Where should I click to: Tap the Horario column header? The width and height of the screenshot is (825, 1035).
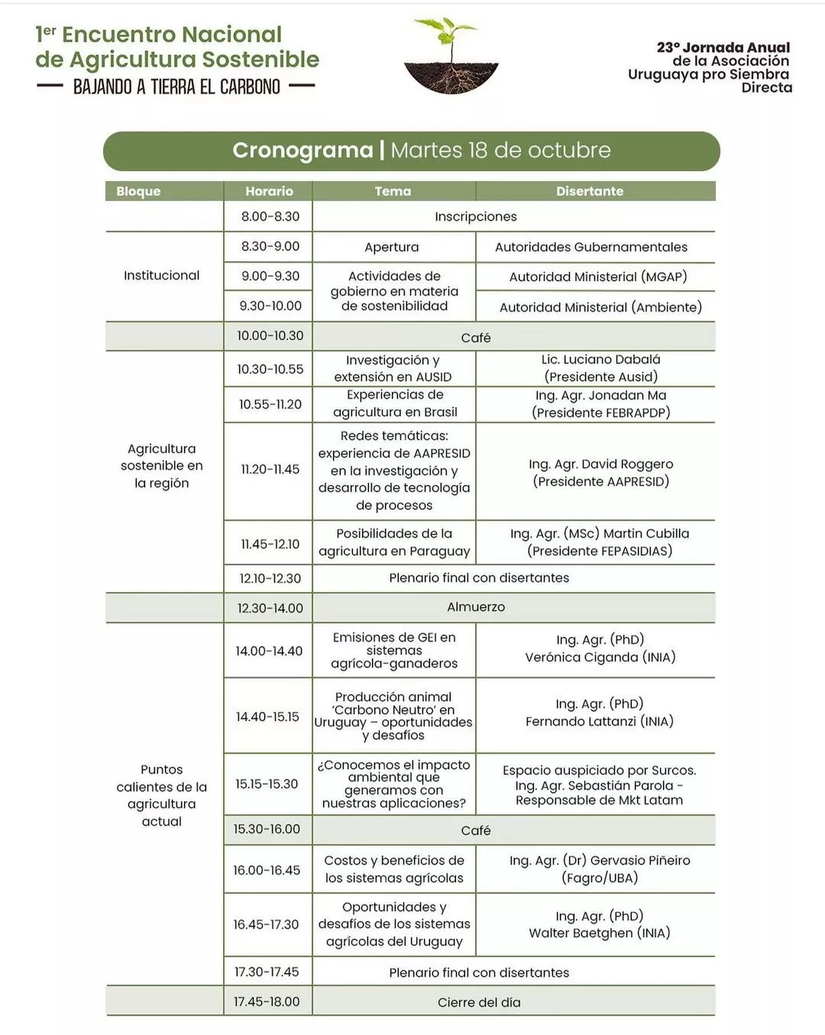(269, 191)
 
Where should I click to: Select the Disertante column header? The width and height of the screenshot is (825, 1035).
(589, 191)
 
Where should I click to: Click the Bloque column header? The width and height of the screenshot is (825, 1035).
(138, 191)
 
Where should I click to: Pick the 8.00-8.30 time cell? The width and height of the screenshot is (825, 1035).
(270, 216)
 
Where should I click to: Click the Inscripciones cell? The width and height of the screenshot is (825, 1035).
(475, 216)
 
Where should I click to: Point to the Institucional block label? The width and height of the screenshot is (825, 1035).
(161, 275)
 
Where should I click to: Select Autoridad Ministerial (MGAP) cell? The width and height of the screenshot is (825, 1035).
(597, 277)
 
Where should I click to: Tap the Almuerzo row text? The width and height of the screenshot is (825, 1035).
(475, 607)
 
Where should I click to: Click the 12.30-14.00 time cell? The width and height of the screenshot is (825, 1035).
(270, 608)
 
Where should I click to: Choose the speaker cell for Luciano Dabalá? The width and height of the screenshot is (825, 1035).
(600, 367)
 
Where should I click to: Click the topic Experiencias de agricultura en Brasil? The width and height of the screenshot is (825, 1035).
(394, 403)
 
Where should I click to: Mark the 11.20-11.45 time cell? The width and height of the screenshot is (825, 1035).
(270, 469)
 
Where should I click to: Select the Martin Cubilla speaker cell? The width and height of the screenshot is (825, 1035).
(600, 542)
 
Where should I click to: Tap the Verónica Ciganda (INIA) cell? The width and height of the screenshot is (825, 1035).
(600, 648)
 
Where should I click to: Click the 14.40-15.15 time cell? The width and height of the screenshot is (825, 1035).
(267, 716)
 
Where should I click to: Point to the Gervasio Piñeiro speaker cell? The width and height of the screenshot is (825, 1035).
(600, 869)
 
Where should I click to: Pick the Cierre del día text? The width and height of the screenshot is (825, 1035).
(479, 1002)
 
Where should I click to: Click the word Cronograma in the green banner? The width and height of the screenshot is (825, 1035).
(302, 150)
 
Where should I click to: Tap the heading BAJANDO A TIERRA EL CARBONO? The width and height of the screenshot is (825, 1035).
(176, 87)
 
